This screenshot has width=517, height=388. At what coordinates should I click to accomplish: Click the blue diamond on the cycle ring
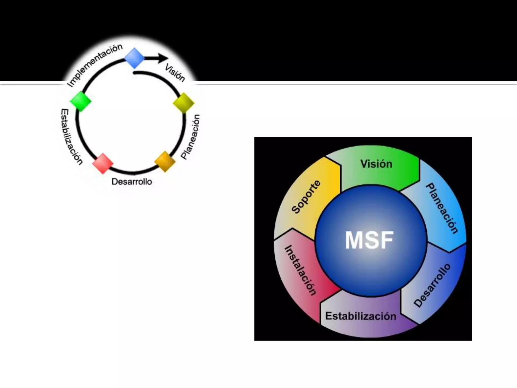[x=135, y=58]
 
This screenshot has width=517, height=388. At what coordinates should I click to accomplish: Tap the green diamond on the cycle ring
[x=80, y=101]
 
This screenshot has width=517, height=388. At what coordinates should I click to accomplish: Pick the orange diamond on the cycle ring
[x=165, y=161]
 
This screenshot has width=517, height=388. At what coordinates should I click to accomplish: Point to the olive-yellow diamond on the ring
[x=184, y=103]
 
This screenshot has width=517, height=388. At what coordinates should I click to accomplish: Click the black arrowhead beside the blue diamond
[x=163, y=58]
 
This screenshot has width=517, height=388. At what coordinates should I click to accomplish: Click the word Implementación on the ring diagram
[x=95, y=65]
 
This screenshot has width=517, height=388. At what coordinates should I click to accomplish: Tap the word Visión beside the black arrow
[x=175, y=73]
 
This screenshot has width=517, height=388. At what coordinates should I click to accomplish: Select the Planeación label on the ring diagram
[x=191, y=137]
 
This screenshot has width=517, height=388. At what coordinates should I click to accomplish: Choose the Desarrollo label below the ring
[x=132, y=182]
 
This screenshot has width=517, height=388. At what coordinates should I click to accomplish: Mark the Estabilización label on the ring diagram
[x=71, y=137]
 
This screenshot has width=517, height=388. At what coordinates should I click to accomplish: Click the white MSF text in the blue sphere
[x=369, y=240]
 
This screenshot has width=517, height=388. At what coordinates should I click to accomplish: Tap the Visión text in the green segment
[x=376, y=164]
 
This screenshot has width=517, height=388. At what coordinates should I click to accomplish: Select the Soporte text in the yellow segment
[x=306, y=197]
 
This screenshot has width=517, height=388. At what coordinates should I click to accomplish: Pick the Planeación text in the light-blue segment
[x=442, y=208]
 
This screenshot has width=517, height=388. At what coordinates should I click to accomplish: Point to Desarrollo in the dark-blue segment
[x=432, y=285]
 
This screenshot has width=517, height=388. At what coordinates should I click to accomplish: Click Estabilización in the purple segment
[x=361, y=316]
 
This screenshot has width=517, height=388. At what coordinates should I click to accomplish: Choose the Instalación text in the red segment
[x=300, y=270]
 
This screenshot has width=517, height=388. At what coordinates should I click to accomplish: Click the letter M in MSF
[x=354, y=240]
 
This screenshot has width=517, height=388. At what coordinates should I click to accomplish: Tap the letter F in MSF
[x=386, y=240]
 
